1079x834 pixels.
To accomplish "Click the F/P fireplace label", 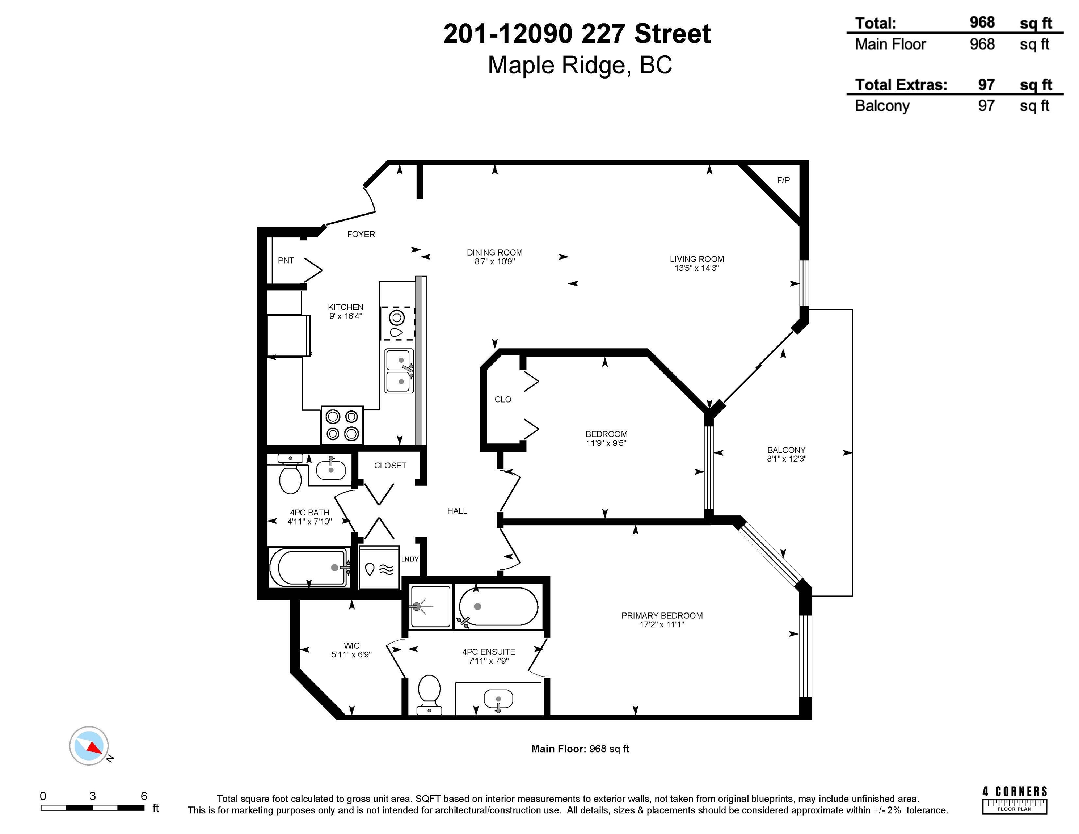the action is (783, 180).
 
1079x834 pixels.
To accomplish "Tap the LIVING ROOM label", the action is (697, 259).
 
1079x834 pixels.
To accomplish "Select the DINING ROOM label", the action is (494, 252).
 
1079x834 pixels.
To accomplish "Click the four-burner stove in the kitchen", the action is (342, 425).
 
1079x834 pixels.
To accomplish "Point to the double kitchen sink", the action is (400, 371).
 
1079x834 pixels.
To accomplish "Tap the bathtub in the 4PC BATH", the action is (309, 567).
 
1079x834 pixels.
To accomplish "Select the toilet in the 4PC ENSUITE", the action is (429, 694).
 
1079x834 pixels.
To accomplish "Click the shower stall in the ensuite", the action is (430, 606).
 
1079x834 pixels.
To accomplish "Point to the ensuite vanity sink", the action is (498, 699).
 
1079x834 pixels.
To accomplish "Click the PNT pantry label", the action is (286, 260).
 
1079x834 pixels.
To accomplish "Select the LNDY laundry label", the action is (410, 559).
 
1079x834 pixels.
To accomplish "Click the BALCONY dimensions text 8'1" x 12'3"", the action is (787, 459).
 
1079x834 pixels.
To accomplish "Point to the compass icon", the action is (89, 746).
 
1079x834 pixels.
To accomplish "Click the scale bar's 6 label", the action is (144, 796).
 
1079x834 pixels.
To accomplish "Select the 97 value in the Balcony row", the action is (986, 105).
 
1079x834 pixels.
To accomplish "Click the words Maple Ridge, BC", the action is (580, 65).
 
